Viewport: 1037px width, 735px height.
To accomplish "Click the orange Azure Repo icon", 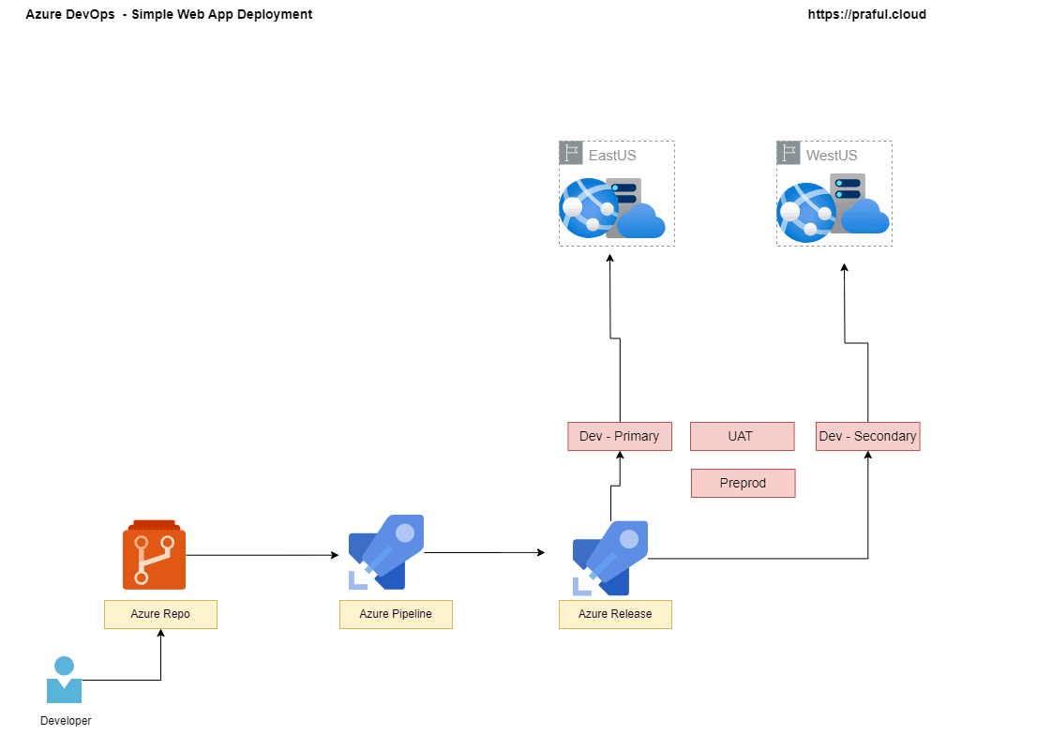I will (x=154, y=555).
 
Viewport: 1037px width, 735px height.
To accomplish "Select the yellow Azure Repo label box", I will (x=160, y=614).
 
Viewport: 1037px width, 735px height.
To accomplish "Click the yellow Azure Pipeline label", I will (x=396, y=614).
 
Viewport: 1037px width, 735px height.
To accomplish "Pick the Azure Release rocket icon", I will (x=610, y=558).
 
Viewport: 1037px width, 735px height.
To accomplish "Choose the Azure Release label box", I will (x=615, y=614).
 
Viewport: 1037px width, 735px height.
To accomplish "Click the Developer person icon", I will (x=64, y=680).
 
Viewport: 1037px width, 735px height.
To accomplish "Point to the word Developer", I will (x=66, y=721).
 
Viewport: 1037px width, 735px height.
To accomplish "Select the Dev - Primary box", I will (x=620, y=436).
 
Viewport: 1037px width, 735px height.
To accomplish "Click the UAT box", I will (x=742, y=436).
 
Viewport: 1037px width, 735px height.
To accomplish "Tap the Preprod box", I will (x=743, y=483).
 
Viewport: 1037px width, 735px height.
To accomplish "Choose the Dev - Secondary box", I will (x=867, y=436).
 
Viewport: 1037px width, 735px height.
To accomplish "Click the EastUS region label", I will (x=612, y=155).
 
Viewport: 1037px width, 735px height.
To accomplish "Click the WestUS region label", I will (x=832, y=155).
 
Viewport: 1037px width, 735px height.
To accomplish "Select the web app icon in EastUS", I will (x=611, y=208).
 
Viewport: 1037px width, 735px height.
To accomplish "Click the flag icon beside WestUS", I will (x=789, y=153).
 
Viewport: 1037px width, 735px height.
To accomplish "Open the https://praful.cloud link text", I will (x=866, y=14).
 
